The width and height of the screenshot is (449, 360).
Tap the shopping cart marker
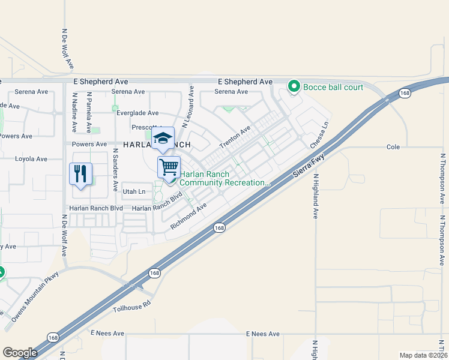tap(169, 167)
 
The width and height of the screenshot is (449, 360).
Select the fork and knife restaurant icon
tap(80, 174)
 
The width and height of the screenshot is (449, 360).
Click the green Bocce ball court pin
tap(294, 88)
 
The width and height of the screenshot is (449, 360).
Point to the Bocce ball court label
tap(333, 88)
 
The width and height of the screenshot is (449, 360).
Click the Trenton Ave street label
tap(235, 139)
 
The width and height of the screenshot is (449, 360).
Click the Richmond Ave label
tap(188, 216)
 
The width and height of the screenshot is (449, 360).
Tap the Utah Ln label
tap(134, 192)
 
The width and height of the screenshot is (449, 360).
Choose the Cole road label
tap(393, 146)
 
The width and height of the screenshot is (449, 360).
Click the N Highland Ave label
tap(315, 196)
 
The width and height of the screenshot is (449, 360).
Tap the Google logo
tap(20, 353)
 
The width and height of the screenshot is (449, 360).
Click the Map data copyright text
tap(423, 355)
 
